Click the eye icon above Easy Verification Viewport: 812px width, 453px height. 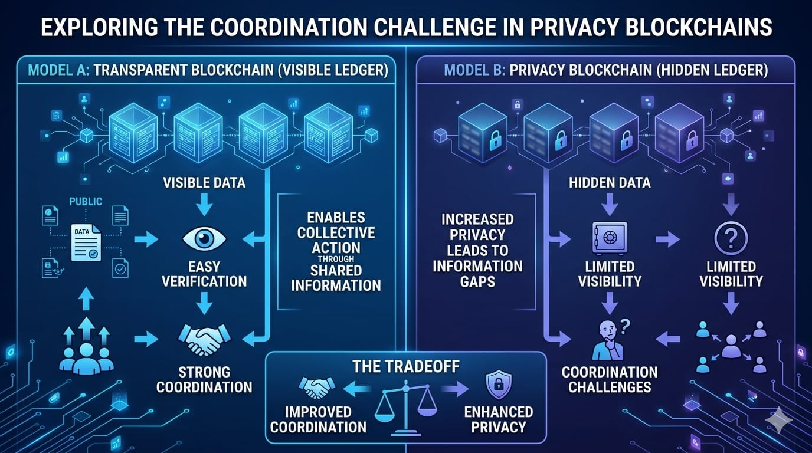(x=204, y=238)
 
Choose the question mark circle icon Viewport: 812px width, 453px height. (x=731, y=238)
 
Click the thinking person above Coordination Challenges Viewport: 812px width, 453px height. (x=608, y=339)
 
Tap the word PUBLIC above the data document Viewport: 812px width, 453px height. (x=86, y=202)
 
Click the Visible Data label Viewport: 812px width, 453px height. (x=204, y=182)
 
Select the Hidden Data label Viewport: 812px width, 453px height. (x=610, y=182)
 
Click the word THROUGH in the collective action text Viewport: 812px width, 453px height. (x=335, y=258)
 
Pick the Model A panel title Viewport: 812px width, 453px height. (x=207, y=71)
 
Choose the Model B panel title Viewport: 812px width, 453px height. (x=605, y=71)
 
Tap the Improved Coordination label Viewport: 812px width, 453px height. (x=318, y=419)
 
